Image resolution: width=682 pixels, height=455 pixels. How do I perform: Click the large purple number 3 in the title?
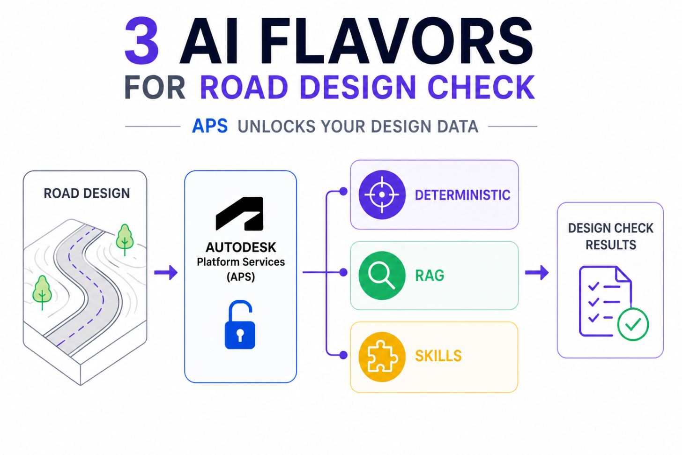tap(142, 41)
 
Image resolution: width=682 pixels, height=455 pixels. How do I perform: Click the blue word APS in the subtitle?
tap(210, 126)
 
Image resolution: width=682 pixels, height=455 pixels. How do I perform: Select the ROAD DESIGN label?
tap(87, 194)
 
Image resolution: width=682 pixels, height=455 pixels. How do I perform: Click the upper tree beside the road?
tap(125, 239)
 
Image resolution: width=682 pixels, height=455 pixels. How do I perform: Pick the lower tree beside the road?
tap(42, 292)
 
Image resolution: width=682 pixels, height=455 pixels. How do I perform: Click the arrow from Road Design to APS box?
tap(166, 272)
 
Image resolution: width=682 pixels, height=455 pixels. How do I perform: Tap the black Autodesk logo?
tap(240, 214)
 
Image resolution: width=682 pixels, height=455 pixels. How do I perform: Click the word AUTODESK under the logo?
tap(241, 247)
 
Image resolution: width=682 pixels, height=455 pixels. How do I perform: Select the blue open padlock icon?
tap(240, 325)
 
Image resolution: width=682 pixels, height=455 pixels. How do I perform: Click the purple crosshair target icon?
tap(382, 194)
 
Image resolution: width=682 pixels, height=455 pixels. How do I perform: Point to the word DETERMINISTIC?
tap(462, 195)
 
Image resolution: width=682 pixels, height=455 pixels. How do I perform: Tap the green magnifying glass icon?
tap(382, 276)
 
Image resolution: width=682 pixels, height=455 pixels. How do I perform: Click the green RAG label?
tap(430, 276)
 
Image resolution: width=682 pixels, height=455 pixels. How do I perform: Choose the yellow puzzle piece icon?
tap(382, 357)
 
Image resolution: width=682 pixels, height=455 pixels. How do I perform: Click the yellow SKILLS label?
tap(438, 356)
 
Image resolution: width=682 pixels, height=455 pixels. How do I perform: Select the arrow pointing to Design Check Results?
tap(537, 272)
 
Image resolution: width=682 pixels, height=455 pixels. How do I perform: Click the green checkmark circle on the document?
tap(633, 324)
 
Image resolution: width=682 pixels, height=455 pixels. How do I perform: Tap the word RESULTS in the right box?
tap(611, 245)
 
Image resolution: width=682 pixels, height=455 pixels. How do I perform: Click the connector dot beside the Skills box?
tap(343, 355)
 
